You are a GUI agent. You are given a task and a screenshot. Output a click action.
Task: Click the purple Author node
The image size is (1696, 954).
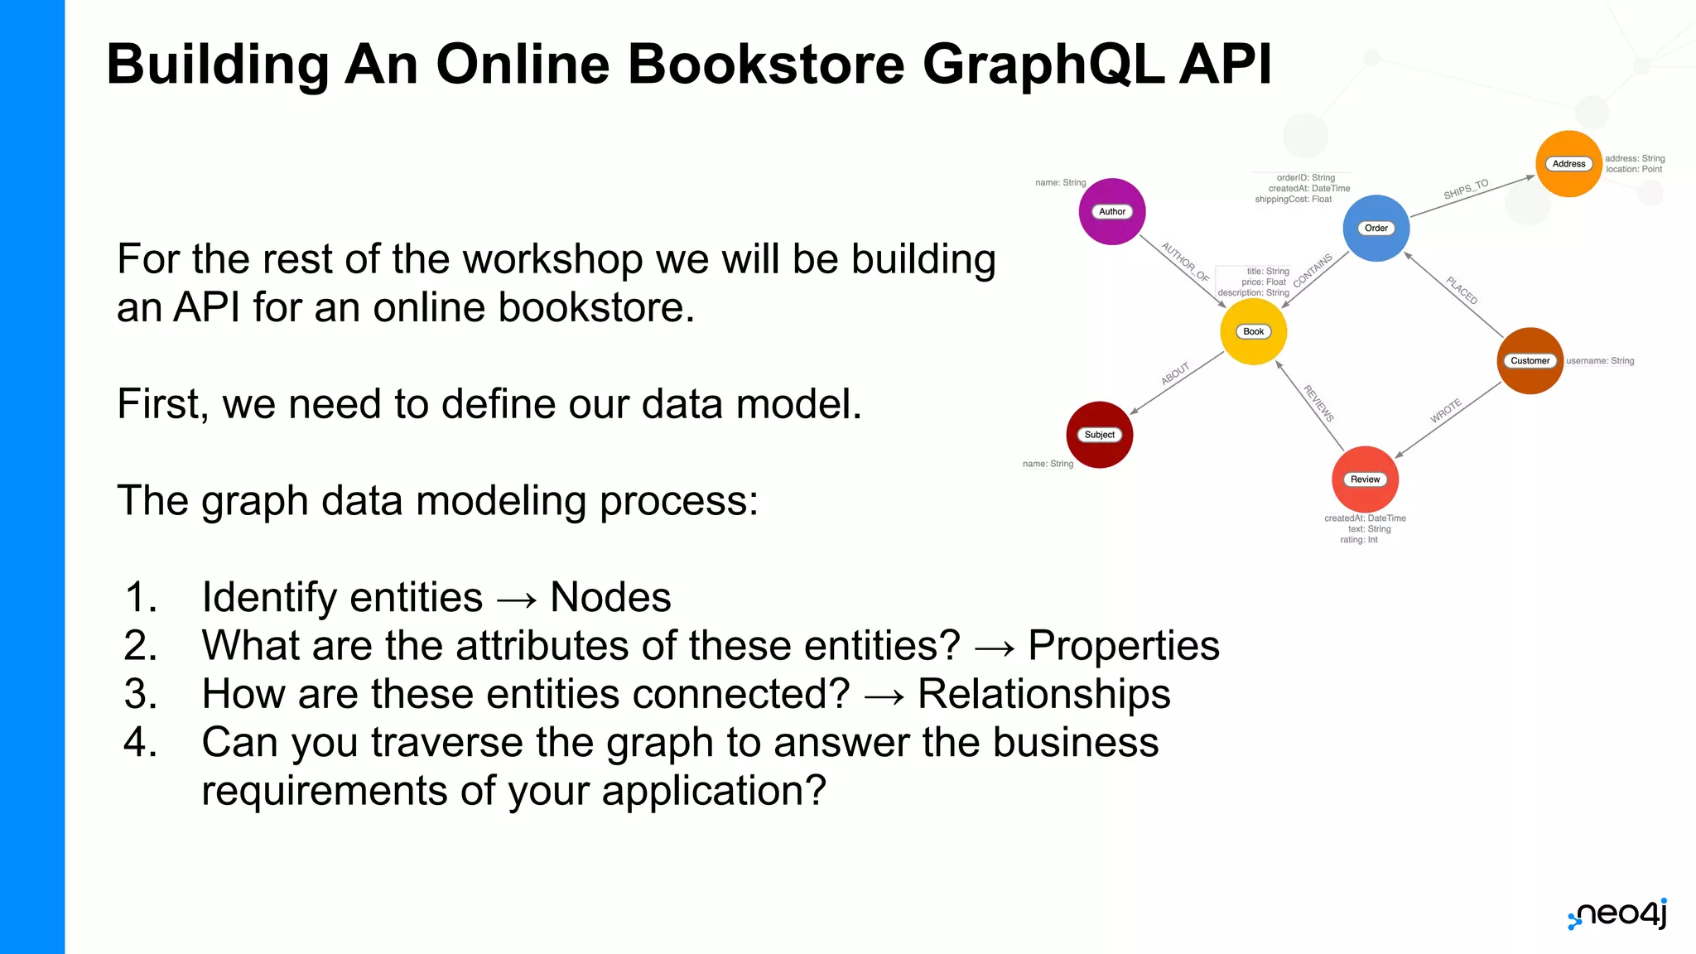tap(1112, 212)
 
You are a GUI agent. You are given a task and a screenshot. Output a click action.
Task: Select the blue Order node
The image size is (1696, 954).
tap(1376, 229)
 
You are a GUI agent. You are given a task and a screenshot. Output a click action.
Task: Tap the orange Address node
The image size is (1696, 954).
tap(1568, 164)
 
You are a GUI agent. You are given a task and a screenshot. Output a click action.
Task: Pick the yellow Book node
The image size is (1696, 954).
tap(1254, 332)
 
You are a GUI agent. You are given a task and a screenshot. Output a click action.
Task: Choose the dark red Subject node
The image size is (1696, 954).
tap(1100, 435)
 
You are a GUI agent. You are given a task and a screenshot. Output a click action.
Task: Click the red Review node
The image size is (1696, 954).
tap(1365, 479)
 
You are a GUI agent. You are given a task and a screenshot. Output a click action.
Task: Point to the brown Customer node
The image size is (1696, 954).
tap(1530, 361)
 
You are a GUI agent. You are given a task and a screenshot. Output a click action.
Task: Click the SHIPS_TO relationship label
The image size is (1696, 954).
tap(1466, 190)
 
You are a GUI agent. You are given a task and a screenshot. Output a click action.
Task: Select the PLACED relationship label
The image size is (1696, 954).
tap(1462, 291)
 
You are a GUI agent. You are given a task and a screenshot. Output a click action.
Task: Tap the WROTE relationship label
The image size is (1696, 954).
tap(1446, 411)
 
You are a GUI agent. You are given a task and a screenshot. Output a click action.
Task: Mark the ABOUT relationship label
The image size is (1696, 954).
tap(1175, 374)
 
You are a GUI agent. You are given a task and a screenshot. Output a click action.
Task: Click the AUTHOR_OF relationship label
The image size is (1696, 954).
tap(1185, 263)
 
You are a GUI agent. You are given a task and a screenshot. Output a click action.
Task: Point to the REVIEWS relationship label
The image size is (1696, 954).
tap(1318, 403)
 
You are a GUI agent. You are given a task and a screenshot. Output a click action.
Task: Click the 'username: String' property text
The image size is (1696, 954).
tap(1600, 361)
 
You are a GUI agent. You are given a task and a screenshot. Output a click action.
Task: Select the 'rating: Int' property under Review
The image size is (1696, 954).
tap(1359, 540)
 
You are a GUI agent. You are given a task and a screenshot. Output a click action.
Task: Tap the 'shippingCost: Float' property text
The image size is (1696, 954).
tap(1293, 200)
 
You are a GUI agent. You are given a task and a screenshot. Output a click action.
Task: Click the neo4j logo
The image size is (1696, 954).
tap(1617, 913)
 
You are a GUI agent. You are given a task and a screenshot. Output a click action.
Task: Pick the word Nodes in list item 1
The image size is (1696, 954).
tap(610, 597)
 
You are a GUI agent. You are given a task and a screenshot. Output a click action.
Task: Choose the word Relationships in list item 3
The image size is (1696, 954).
tap(1043, 694)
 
